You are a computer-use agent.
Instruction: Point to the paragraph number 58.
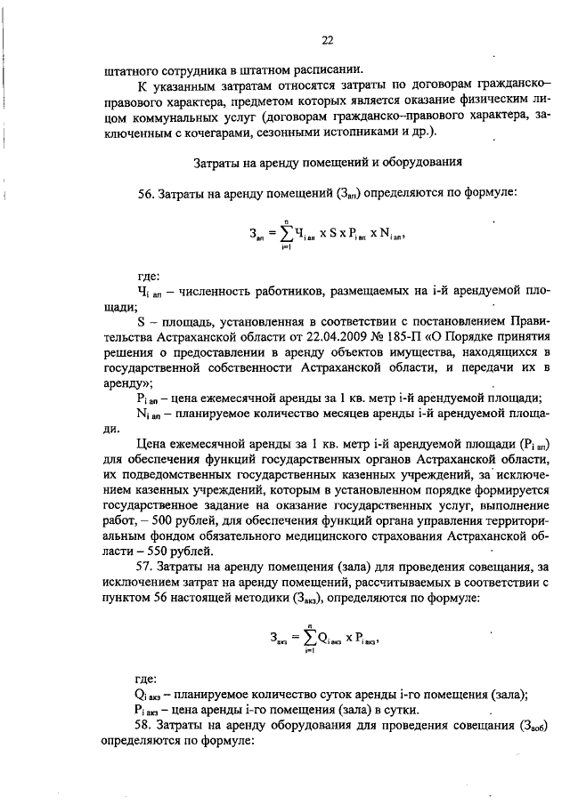[x=147, y=728]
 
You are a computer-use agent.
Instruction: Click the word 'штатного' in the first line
[x=133, y=68]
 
